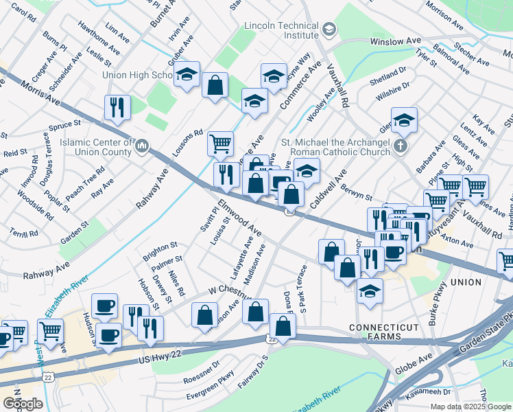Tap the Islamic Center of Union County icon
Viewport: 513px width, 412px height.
143,146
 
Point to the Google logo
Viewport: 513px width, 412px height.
23,403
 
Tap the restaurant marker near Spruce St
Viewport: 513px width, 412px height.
117,108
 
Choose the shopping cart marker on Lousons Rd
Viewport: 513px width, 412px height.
220,145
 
